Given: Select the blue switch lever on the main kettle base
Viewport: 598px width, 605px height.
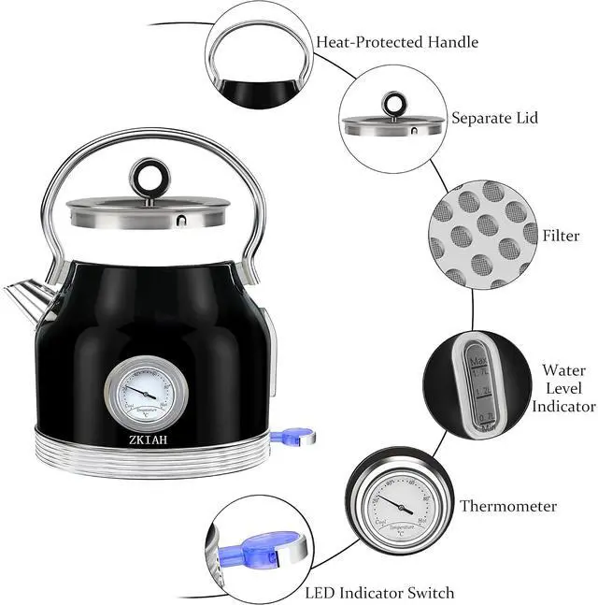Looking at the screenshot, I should point(292,435).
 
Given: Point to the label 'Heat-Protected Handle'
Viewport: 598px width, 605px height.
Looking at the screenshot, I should point(397,42).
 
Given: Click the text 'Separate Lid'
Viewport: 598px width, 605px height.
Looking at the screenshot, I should point(494,119).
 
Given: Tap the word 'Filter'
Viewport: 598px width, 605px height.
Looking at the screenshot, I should point(560,236).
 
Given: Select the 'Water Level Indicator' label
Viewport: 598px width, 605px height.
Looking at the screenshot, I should point(563,388).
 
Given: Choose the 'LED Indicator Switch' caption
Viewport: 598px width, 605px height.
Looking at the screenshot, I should point(379,593).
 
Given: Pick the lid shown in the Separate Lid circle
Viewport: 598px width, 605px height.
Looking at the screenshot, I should point(392,124).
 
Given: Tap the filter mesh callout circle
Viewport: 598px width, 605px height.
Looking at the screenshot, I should point(476,235).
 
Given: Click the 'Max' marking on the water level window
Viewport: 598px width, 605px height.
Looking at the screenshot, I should point(478,360).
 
